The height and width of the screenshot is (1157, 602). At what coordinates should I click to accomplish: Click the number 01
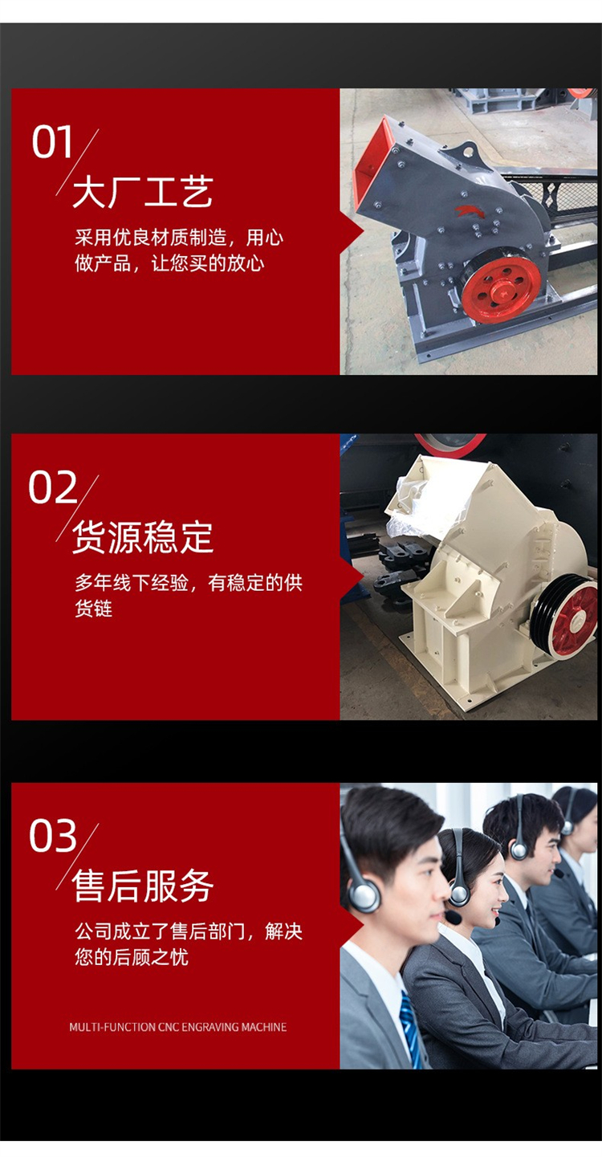[x=51, y=142]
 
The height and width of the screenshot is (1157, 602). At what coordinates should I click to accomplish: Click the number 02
[x=53, y=487]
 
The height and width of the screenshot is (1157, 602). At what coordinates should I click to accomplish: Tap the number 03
[x=53, y=836]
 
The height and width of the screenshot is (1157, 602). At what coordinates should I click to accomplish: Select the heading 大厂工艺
[x=143, y=191]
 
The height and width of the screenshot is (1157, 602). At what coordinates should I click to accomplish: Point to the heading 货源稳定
[x=143, y=537]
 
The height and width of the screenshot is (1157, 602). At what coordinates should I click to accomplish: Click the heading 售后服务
[x=143, y=886]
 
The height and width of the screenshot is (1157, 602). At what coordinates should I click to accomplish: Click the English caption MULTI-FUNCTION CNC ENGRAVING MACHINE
[x=178, y=1028]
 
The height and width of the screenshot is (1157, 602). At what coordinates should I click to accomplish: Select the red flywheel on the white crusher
[x=573, y=619]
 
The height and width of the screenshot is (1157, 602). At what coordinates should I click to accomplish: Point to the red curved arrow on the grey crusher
[x=466, y=211]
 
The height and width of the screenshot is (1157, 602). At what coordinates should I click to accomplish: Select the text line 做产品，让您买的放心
[x=169, y=263]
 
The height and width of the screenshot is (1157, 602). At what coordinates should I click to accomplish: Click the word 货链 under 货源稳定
[x=93, y=609]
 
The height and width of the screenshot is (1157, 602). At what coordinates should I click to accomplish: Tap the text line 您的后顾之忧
[x=132, y=956]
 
